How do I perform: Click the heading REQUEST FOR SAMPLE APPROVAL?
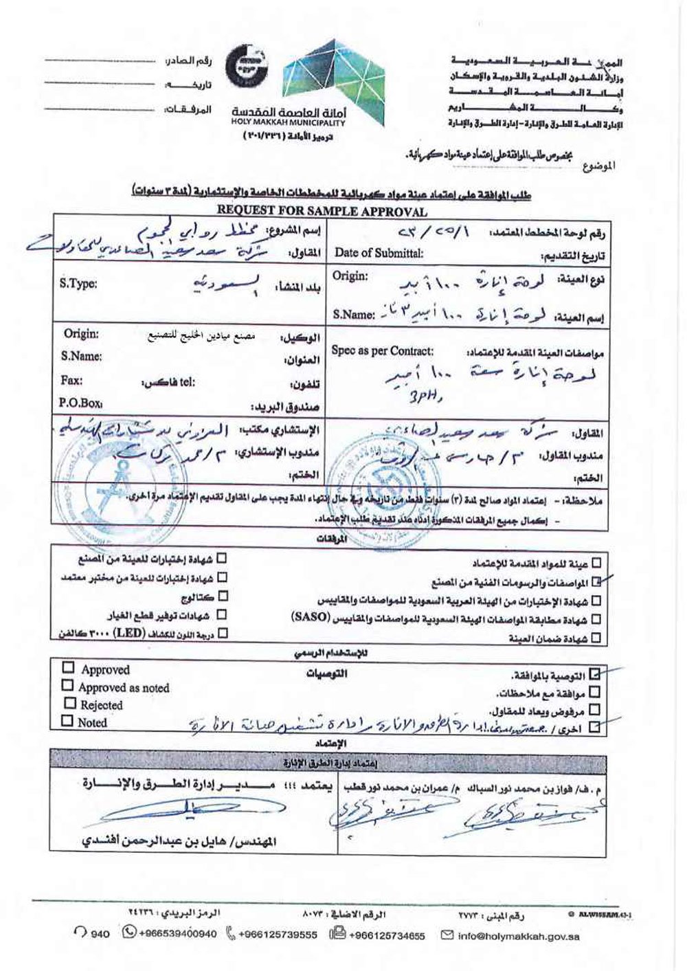tap(322, 212)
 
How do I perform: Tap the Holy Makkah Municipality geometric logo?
tap(309, 76)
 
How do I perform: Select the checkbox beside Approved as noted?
tap(67, 685)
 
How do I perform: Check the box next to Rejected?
tap(69, 703)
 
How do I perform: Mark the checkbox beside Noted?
tap(67, 721)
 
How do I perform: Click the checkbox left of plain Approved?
tap(68, 667)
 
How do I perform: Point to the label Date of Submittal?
tap(379, 253)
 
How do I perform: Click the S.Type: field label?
tap(78, 282)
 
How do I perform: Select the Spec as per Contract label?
tap(382, 351)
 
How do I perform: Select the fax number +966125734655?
tap(387, 935)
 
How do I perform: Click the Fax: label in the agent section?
tap(71, 380)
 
